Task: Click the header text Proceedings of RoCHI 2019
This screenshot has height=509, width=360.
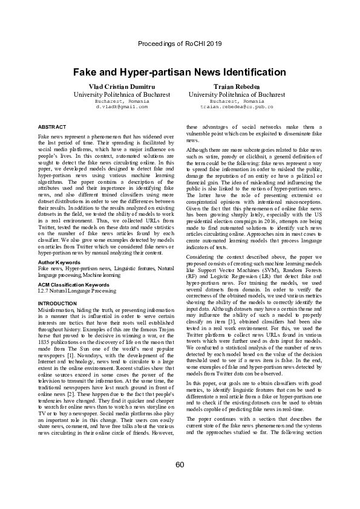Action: point(180,44)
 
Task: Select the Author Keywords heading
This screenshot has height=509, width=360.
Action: point(59,263)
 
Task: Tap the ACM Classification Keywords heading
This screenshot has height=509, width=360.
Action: point(73,284)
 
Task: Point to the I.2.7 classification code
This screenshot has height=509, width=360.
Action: point(44,291)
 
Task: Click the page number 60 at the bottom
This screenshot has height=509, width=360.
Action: point(180,464)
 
